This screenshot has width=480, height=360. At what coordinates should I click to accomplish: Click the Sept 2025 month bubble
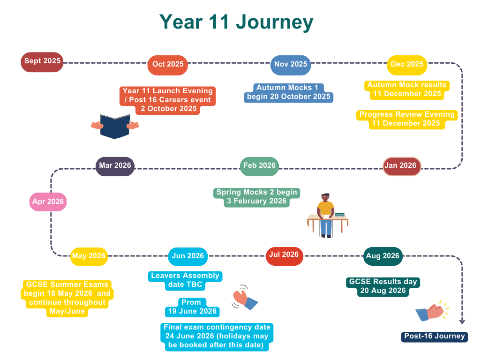(x=42, y=62)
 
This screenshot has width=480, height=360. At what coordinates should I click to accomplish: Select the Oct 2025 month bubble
(x=168, y=65)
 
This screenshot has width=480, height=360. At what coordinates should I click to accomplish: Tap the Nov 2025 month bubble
(x=291, y=65)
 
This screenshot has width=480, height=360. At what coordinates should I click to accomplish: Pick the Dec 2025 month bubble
(x=407, y=65)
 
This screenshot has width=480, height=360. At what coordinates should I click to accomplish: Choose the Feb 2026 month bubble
(x=259, y=166)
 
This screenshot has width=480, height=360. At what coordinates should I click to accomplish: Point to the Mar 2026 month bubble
(x=115, y=166)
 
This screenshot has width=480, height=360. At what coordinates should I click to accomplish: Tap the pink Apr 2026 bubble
(x=48, y=202)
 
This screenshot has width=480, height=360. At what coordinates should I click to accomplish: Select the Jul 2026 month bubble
(x=285, y=256)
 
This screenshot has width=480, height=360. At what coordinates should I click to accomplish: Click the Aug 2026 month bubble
(x=382, y=256)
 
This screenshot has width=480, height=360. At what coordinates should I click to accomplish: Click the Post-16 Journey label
(x=435, y=337)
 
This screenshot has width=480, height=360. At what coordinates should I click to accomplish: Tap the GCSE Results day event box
(x=383, y=286)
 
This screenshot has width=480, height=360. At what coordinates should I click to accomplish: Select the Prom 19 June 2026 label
(x=192, y=307)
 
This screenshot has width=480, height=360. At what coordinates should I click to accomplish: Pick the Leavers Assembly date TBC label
(x=185, y=280)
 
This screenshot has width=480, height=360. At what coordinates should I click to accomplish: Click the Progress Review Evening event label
(x=407, y=120)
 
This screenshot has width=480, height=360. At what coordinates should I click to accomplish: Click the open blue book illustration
(x=115, y=126)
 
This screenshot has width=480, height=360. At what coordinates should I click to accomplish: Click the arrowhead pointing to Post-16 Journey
(x=462, y=321)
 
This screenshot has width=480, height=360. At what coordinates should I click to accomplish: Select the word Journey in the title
(x=275, y=22)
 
